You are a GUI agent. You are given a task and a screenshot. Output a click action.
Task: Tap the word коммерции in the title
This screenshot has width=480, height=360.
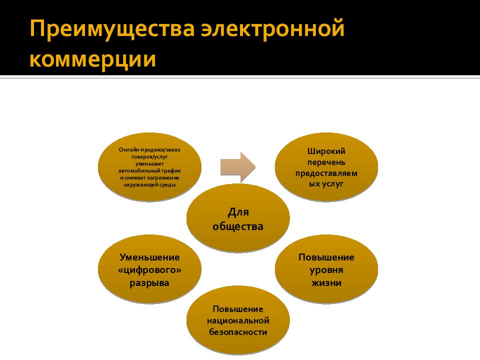pyautogui.click(x=92, y=58)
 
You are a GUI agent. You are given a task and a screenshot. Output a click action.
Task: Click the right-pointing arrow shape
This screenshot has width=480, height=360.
pyautogui.click(x=237, y=167)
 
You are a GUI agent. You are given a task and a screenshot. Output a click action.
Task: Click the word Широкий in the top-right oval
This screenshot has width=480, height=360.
pyautogui.click(x=326, y=151)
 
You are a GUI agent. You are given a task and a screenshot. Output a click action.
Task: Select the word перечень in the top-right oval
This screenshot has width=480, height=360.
pyautogui.click(x=326, y=162)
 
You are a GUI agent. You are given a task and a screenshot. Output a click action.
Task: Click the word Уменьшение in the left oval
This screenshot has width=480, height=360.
pyautogui.click(x=149, y=257)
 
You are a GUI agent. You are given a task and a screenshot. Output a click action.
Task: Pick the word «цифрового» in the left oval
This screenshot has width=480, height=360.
pyautogui.click(x=149, y=270)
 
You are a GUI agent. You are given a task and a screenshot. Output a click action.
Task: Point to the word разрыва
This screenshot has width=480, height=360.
pyautogui.click(x=149, y=283)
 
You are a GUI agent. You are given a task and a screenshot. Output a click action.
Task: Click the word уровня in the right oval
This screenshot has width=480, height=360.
pyautogui.click(x=326, y=270)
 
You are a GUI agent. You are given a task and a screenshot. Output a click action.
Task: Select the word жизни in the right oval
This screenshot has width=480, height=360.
pyautogui.click(x=326, y=283)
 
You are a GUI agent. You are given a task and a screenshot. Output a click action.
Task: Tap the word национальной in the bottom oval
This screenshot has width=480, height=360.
pyautogui.click(x=238, y=320)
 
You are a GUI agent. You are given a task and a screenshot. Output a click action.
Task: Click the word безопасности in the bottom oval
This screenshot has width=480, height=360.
pyautogui.click(x=238, y=332)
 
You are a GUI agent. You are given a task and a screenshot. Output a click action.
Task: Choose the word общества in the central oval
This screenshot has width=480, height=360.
pyautogui.click(x=238, y=226)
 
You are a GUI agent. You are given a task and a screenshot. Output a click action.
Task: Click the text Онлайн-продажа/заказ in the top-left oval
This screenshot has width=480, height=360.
pyautogui.click(x=149, y=149)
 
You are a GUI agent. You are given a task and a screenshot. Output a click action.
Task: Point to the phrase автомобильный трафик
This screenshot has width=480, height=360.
pyautogui.click(x=149, y=170)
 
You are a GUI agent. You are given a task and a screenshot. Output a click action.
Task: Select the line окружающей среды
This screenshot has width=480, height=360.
pyautogui.click(x=149, y=184)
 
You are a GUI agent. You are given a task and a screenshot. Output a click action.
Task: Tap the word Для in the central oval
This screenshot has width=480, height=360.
pyautogui.click(x=238, y=212)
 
